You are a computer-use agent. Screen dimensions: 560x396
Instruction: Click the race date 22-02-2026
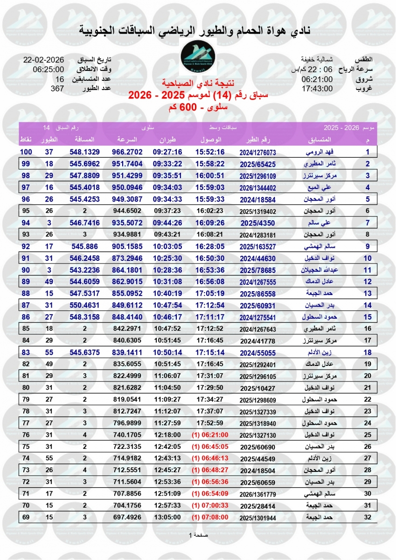[43, 61]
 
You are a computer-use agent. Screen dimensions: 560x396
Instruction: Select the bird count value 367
[57, 88]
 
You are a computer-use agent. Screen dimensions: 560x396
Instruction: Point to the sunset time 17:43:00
[317, 88]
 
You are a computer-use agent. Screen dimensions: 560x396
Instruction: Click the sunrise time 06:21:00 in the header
[317, 79]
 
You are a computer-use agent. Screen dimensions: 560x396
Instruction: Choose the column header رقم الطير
[258, 140]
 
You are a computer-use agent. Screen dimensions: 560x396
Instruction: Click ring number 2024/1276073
[258, 152]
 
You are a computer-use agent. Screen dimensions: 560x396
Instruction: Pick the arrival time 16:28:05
[210, 245]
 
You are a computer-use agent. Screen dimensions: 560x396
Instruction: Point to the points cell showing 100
[26, 152]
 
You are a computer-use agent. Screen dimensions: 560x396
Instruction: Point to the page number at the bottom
[198, 535]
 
